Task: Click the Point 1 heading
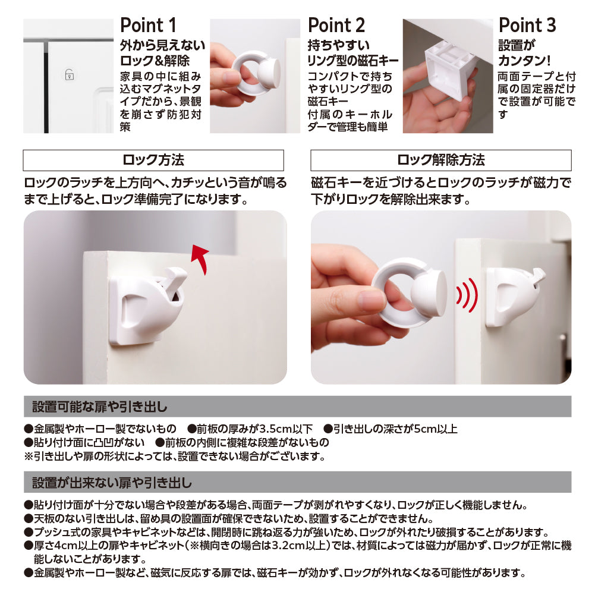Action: pos(148,26)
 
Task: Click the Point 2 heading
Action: pos(336,26)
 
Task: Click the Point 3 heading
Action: pos(527,26)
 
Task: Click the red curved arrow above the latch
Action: pos(201,259)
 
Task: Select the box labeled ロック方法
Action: pos(153,160)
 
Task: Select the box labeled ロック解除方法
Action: pos(440,160)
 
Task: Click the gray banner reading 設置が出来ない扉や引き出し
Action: pos(297,481)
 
